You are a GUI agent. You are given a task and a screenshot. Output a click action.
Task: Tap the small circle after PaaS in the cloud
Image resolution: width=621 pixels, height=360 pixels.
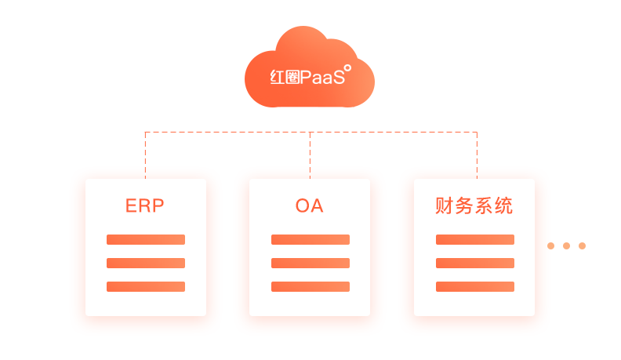[x=348, y=68]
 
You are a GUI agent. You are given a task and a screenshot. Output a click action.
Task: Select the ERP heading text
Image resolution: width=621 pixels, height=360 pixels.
[x=145, y=206]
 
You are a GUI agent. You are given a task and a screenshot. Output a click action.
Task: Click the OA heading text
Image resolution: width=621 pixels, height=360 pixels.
[x=310, y=206]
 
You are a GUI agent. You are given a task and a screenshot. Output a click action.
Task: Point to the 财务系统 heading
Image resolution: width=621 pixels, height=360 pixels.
[x=474, y=206]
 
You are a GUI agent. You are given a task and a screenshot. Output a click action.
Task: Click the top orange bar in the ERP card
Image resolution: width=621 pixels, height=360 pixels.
[x=146, y=239]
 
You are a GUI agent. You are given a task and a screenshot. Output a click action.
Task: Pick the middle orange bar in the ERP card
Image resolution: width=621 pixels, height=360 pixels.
[x=146, y=263]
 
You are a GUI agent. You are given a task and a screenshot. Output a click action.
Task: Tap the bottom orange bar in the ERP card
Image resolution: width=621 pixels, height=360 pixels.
[x=146, y=286]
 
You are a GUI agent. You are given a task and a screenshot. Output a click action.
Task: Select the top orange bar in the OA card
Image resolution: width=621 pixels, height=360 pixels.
[x=310, y=239]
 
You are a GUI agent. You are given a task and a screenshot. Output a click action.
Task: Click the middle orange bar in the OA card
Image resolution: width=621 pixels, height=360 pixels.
[x=310, y=263]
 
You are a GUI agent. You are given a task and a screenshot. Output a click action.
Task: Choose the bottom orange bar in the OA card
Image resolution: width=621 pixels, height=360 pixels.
[x=310, y=286]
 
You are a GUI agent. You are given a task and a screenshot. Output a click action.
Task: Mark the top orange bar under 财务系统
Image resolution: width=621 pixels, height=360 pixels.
[x=475, y=239]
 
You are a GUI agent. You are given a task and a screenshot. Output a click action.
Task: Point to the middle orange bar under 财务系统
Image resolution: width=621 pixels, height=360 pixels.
[x=475, y=263]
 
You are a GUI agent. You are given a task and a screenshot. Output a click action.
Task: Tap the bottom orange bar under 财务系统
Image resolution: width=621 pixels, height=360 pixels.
[x=475, y=286]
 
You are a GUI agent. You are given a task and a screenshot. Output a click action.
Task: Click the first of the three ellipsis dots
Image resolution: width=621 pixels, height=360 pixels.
[x=550, y=245]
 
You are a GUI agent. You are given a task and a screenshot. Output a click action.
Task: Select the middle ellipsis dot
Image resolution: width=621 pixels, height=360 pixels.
[x=566, y=245]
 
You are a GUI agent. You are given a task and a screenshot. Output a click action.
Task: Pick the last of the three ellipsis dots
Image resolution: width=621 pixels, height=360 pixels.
[x=582, y=245]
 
